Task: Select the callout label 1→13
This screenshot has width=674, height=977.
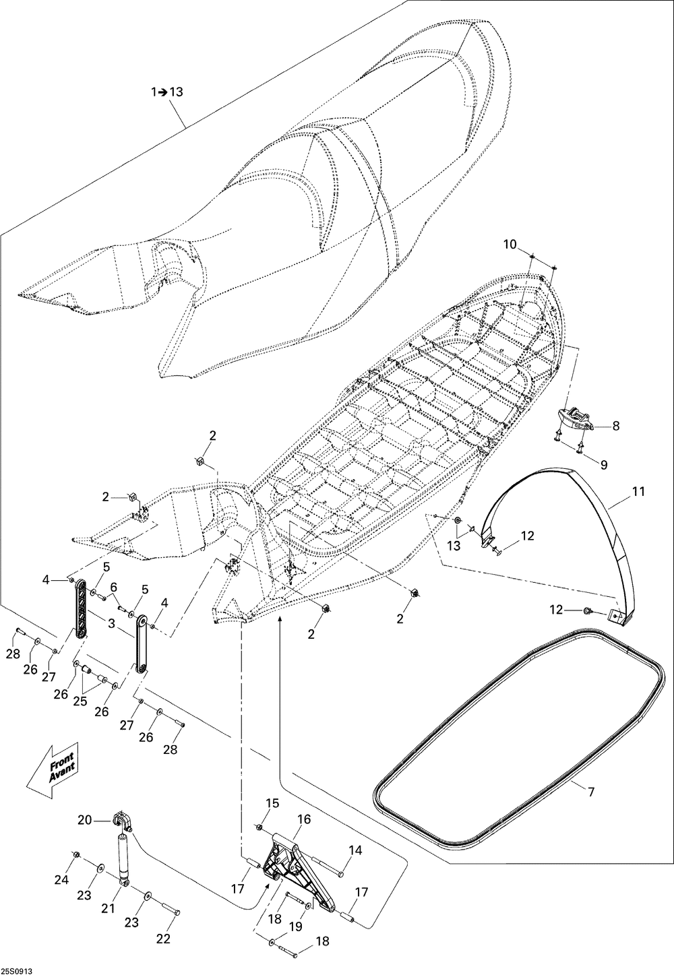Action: click(166, 93)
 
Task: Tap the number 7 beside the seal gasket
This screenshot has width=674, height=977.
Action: click(591, 792)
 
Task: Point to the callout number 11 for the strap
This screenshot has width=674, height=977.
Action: click(638, 492)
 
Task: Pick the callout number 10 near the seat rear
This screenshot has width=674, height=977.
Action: click(509, 243)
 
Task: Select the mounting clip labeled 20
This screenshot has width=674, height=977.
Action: click(123, 821)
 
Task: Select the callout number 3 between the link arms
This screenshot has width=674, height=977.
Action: click(112, 625)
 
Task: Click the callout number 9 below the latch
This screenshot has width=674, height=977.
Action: click(604, 464)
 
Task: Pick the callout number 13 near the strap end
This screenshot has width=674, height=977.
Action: click(454, 546)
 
